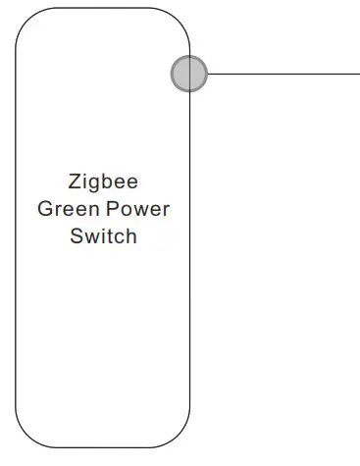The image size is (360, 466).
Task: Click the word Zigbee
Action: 103,182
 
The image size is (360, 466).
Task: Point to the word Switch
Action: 103,237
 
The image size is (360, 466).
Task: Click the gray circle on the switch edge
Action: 189,74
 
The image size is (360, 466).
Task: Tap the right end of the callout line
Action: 357,74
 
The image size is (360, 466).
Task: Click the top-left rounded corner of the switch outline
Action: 26,20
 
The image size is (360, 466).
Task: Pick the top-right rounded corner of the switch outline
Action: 179,20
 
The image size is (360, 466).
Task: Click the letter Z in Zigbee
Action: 76,182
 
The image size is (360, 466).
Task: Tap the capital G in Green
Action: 44,210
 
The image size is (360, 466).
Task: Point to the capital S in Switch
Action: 76,237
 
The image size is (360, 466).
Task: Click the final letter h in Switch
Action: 131,237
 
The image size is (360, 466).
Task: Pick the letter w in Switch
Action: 90,238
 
